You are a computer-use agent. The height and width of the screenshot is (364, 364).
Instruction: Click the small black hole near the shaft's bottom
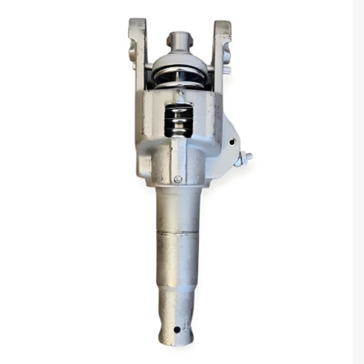(x=177, y=329)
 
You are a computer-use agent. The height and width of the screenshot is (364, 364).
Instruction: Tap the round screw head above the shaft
(x=177, y=179)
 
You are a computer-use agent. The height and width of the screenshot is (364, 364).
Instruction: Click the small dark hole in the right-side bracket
(x=231, y=142)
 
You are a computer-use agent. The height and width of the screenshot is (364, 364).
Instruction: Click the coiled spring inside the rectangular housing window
(x=178, y=120)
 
